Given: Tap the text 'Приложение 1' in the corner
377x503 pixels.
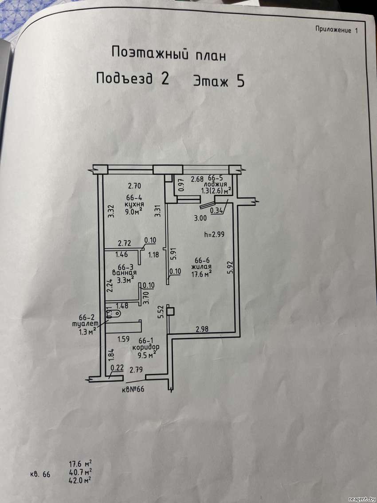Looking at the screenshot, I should [336, 30].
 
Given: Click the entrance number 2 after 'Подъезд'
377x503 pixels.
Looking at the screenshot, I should [164, 79].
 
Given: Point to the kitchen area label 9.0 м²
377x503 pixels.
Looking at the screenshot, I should [134, 212].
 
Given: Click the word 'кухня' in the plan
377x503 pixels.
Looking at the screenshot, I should [134, 205].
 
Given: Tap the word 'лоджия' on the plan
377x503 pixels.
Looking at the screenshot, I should [217, 184].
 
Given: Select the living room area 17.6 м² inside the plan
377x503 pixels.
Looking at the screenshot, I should [201, 274].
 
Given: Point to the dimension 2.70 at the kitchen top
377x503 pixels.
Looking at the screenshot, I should [134, 186].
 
